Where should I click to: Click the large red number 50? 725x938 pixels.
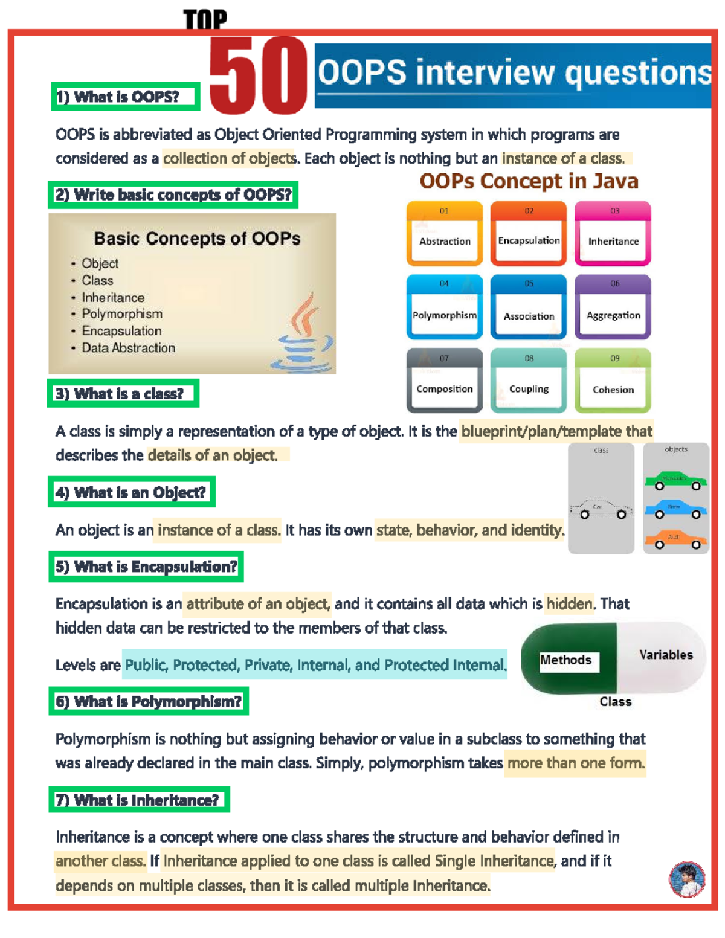coord(258,75)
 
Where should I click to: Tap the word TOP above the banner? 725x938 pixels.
coord(205,20)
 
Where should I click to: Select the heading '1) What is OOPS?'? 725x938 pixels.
coord(126,97)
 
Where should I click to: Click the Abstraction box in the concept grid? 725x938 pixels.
coord(445,234)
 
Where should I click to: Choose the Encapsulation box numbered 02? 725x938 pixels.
coord(529,234)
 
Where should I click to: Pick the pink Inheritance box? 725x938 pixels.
coord(613,234)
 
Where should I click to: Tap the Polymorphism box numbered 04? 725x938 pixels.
coord(445,308)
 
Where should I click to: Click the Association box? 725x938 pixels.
coord(529,308)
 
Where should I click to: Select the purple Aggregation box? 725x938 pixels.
coord(613,308)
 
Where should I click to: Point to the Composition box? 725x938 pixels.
coord(445,382)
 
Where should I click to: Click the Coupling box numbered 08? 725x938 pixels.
coord(529,382)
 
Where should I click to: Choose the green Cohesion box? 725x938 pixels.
coord(613,382)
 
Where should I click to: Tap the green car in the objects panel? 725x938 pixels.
coord(676,481)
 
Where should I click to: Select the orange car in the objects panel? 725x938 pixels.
coord(676,539)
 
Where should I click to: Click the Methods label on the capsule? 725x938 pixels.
coord(566,660)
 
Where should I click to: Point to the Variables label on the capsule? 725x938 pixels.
coord(666,655)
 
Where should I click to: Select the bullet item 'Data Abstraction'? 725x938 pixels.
coord(128,348)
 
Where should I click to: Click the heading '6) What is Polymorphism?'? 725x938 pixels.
coord(149,702)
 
